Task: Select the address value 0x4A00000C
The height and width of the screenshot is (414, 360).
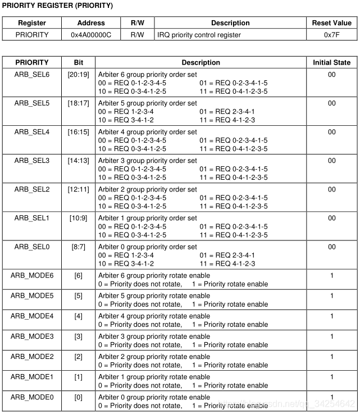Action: click(x=90, y=35)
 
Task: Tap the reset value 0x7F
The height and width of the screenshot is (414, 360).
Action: click(x=331, y=35)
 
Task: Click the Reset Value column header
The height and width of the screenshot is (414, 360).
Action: click(x=331, y=23)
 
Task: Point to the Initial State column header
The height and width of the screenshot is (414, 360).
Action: click(x=331, y=62)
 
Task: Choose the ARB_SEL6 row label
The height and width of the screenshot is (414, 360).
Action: click(x=32, y=74)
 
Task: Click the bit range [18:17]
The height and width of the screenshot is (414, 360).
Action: click(x=78, y=103)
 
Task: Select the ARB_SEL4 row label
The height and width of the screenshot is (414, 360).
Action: click(x=32, y=132)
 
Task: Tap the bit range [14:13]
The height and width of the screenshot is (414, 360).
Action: click(x=78, y=161)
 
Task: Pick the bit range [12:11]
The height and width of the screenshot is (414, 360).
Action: click(x=78, y=189)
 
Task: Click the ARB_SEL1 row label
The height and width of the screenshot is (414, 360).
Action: click(x=32, y=218)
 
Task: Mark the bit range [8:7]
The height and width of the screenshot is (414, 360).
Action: click(x=78, y=247)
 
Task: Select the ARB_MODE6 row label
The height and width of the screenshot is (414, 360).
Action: click(x=32, y=275)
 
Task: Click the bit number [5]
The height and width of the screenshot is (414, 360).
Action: click(x=78, y=295)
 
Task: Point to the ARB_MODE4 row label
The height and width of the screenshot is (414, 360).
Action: click(x=32, y=316)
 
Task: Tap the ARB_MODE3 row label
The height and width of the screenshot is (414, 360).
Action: click(x=32, y=336)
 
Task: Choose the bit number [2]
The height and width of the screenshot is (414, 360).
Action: click(x=78, y=357)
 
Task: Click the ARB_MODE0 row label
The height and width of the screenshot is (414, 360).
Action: click(x=32, y=397)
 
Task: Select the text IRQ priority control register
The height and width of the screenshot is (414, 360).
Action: click(x=199, y=35)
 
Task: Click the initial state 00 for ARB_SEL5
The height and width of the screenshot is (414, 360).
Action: click(x=331, y=103)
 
